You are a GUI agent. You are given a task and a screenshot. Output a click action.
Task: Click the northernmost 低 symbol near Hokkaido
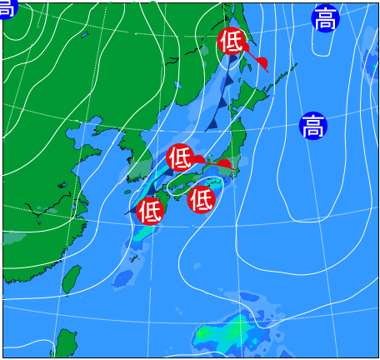pos(231,41)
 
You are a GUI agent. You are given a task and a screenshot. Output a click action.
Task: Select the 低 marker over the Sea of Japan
pos(180,156)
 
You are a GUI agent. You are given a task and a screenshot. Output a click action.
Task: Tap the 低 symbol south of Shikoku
pos(201,199)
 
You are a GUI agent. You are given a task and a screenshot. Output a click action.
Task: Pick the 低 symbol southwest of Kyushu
pos(150,212)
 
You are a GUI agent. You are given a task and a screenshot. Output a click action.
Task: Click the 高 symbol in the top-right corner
pos(325,18)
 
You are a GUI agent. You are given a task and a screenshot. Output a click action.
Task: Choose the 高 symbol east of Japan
pos(312,127)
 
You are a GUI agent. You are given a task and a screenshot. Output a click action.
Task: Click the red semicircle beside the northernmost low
pos(261,63)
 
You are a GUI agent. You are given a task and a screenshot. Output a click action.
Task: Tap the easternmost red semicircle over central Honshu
pos(224,164)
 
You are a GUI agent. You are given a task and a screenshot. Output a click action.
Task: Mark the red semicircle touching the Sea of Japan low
pos(198,160)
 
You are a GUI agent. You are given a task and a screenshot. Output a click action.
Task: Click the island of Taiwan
pos(72,279)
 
